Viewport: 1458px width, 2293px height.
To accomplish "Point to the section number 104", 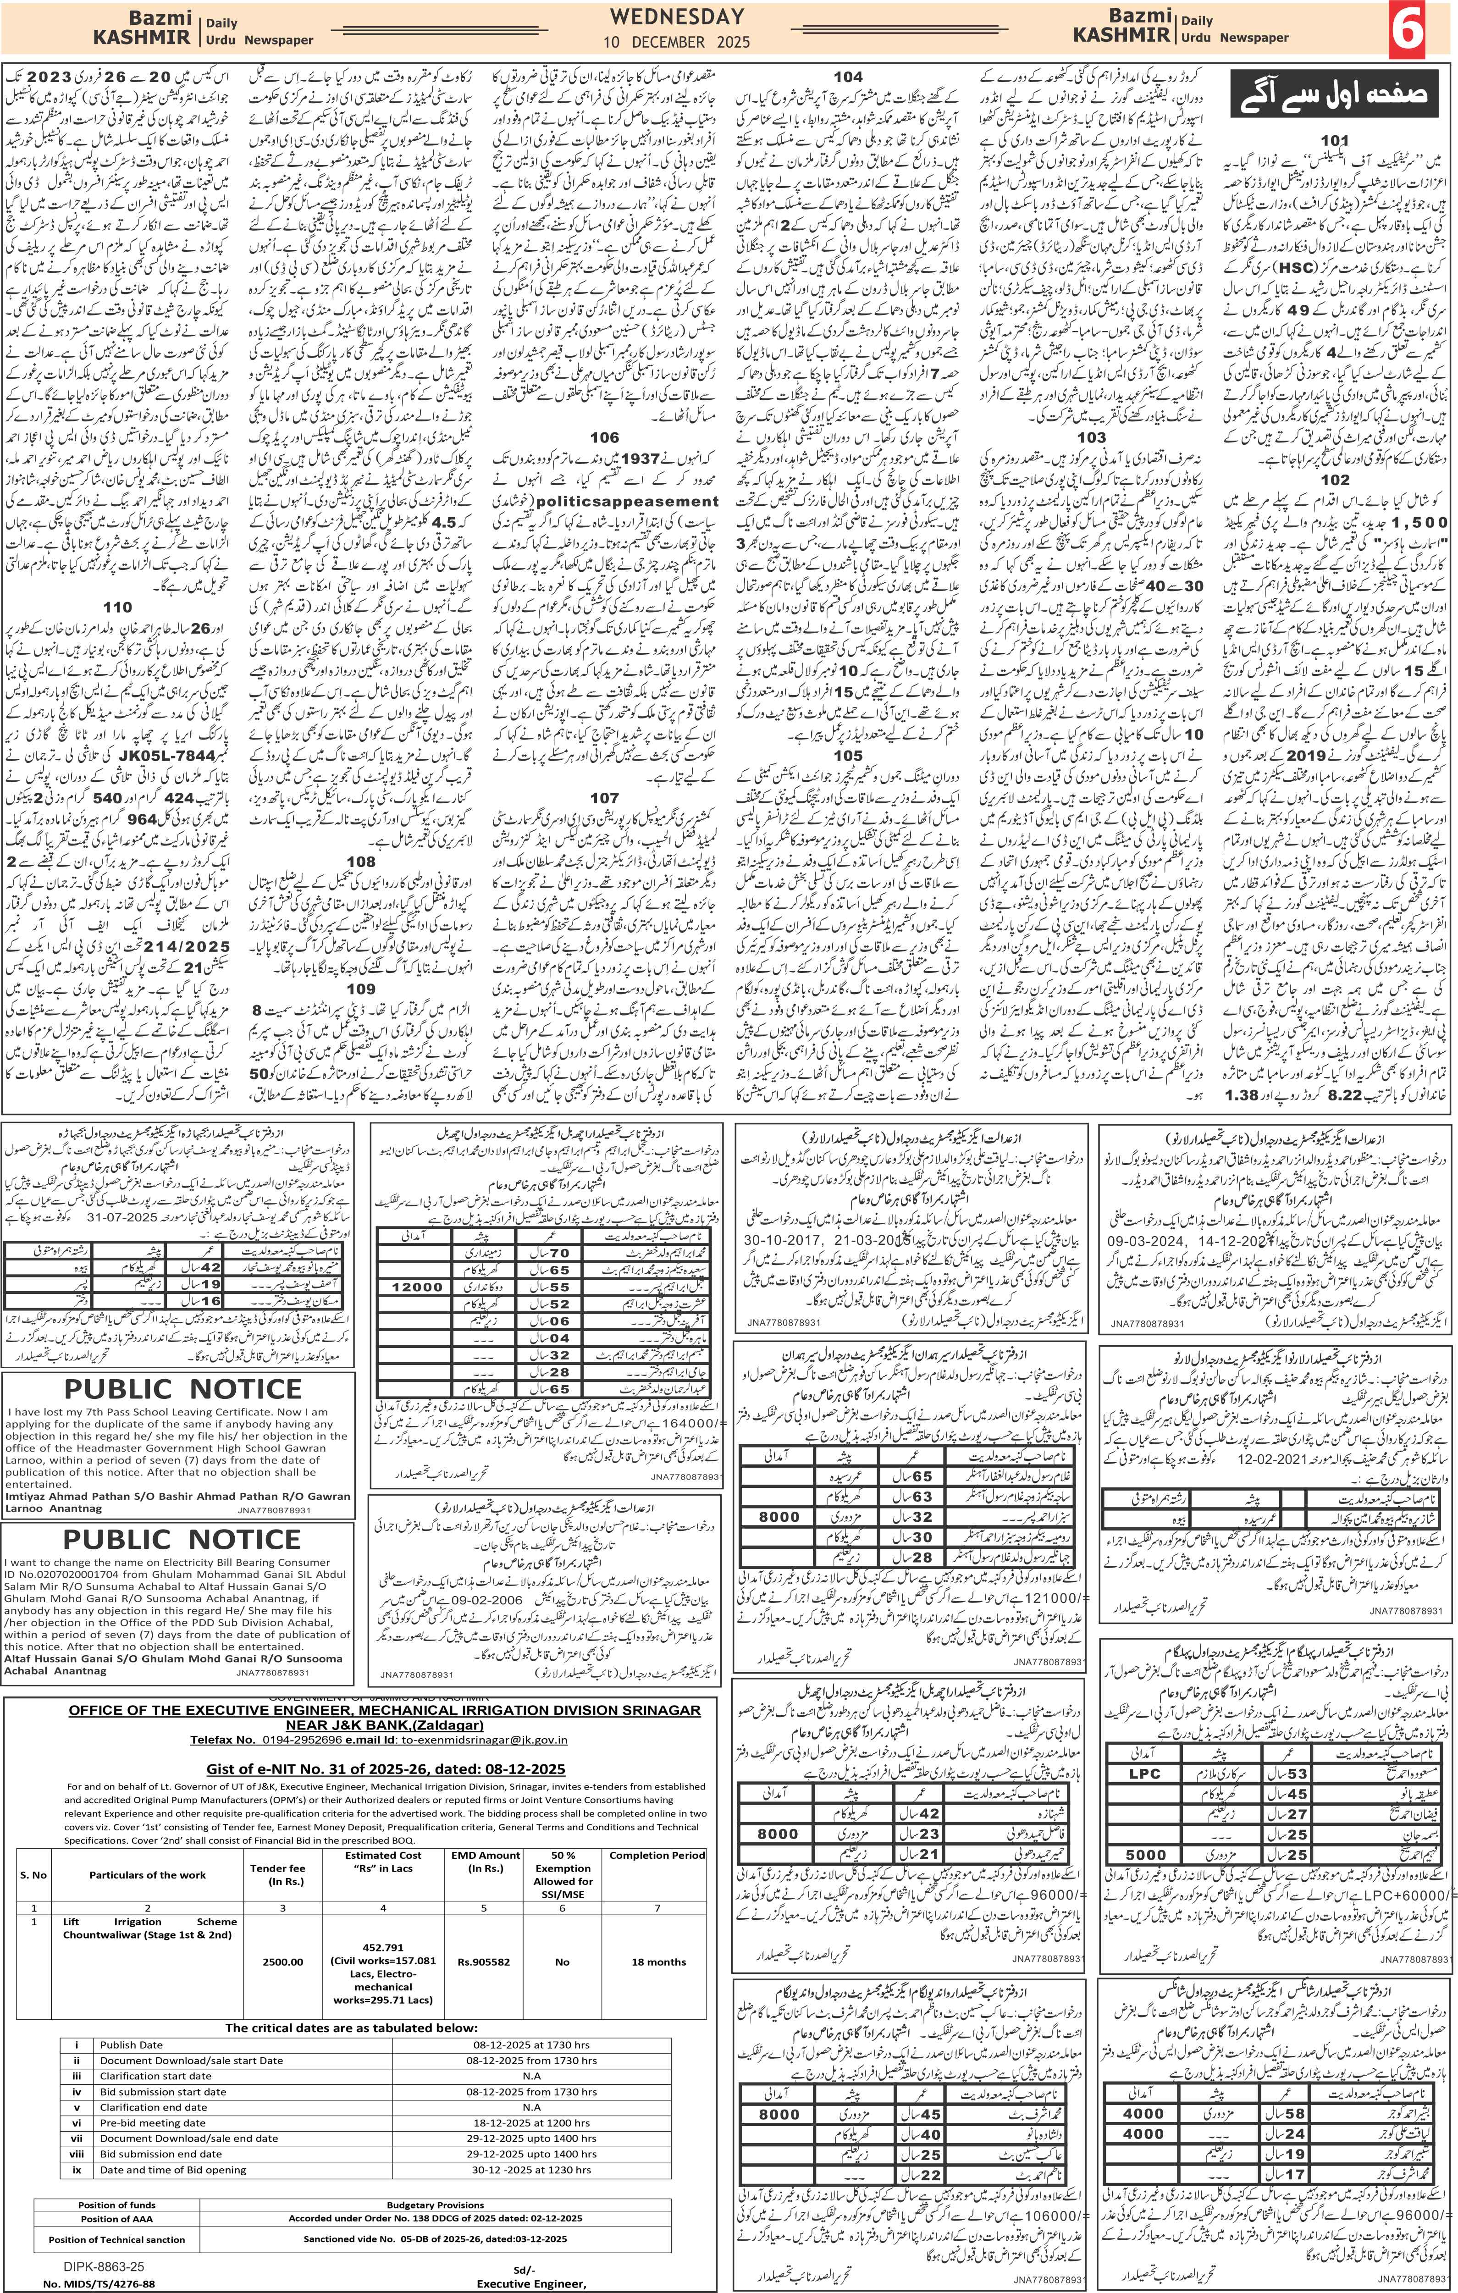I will coord(848,76).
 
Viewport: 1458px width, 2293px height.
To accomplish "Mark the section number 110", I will coord(118,607).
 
